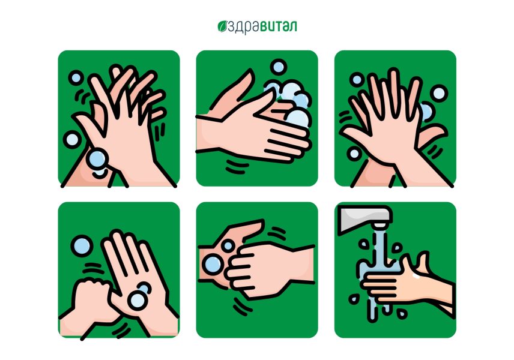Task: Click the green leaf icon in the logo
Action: coord(222,27)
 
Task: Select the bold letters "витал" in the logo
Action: coord(279,26)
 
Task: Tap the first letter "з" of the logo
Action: coord(231,28)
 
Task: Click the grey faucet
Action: coord(366,218)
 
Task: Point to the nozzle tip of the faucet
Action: coord(379,225)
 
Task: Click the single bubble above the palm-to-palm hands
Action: coord(278,67)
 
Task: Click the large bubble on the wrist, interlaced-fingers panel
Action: coord(97,159)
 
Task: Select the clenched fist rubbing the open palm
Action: coord(91,295)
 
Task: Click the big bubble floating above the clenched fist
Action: coord(82,246)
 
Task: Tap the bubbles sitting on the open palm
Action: coord(139,296)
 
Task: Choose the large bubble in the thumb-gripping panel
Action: coord(213,265)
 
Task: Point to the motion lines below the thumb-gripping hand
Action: coord(242,306)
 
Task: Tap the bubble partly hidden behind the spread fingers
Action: coord(426,112)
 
